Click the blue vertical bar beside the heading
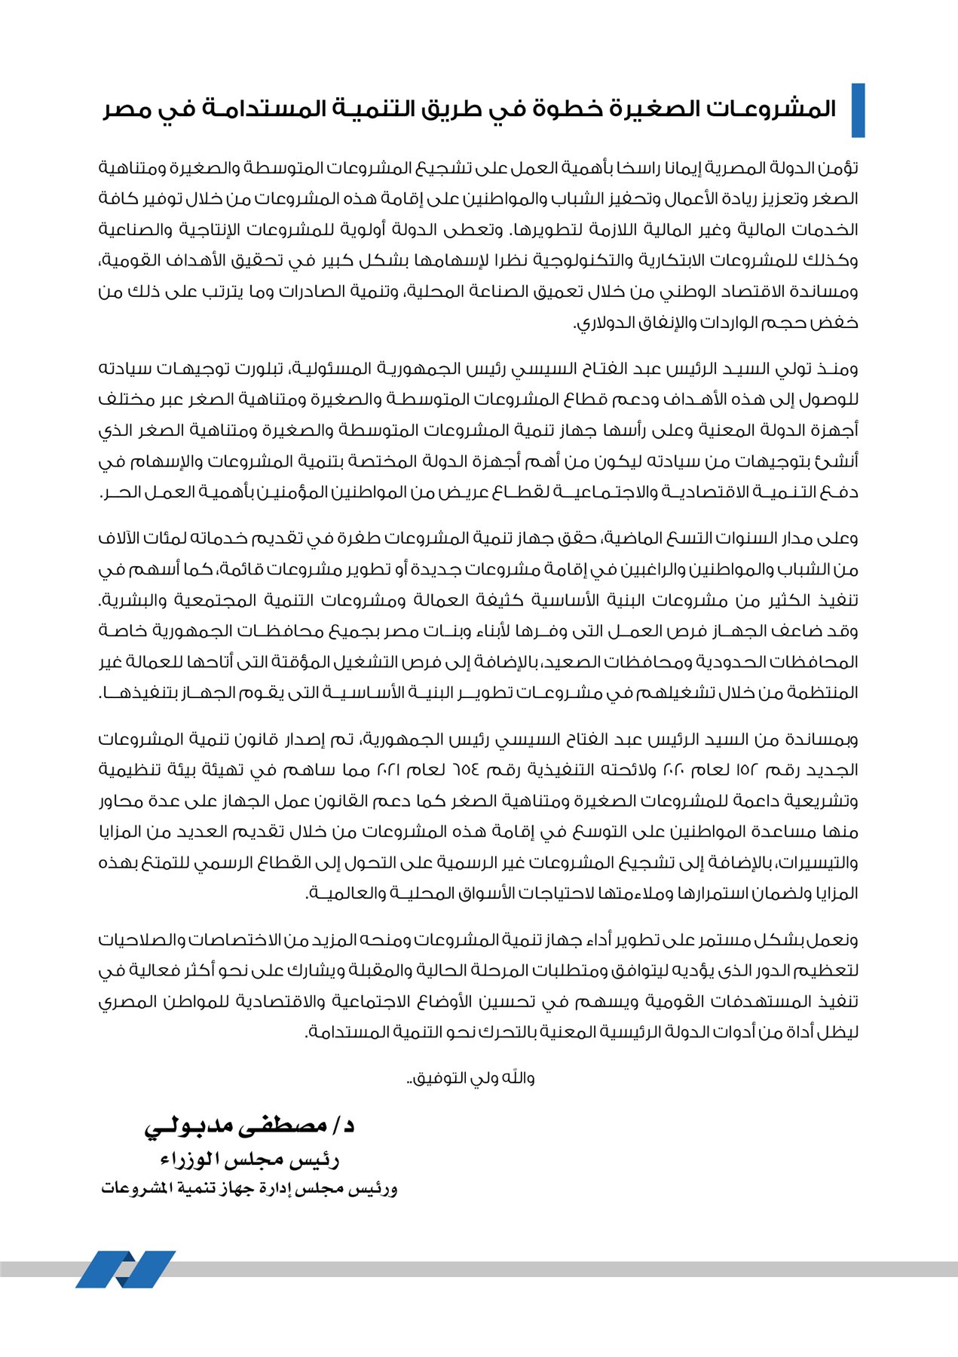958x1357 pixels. [x=858, y=110]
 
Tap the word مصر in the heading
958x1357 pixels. [x=128, y=109]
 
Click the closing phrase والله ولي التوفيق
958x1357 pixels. [x=472, y=1078]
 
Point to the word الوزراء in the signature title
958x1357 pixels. [x=189, y=1159]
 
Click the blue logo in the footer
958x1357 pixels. [x=124, y=1270]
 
